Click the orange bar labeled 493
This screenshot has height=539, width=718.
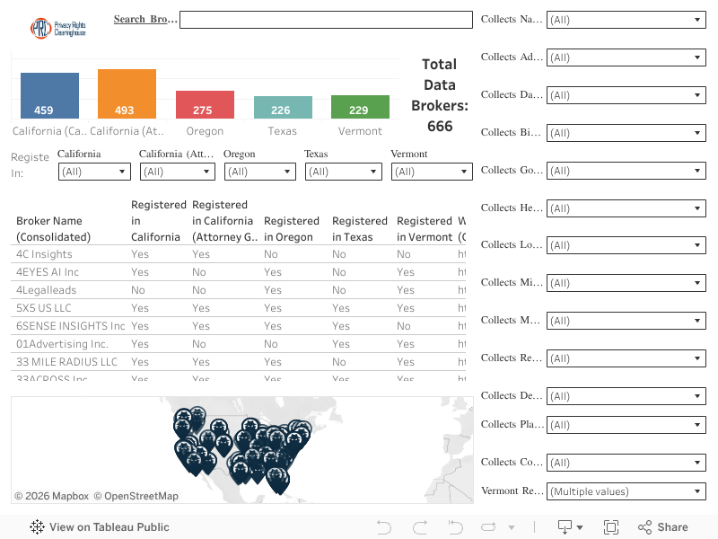coord(127,93)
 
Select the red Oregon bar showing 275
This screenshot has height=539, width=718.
coord(205,104)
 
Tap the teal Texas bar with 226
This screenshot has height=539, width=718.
coord(283,107)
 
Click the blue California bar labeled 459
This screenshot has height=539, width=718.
coord(50,95)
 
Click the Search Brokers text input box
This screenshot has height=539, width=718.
coord(326,20)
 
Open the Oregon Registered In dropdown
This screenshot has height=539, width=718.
coord(260,172)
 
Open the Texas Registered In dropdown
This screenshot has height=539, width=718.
coord(343,172)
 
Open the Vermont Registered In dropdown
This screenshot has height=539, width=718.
coord(432,172)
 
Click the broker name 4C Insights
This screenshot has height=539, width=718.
coord(44,254)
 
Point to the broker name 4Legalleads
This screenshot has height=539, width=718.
coord(46,290)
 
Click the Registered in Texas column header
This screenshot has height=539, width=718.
coord(360,228)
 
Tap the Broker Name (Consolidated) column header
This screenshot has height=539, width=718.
coord(53,228)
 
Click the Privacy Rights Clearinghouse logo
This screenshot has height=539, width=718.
coord(57,28)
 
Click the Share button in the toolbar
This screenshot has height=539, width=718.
coord(663,527)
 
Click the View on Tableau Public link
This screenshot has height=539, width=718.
coord(100,527)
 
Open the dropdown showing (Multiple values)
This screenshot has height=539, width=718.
coord(626,491)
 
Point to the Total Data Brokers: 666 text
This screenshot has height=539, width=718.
coord(440,95)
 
